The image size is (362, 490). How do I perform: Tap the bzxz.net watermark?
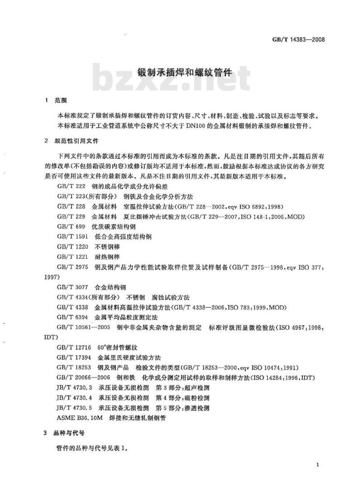pyautogui.click(x=171, y=80)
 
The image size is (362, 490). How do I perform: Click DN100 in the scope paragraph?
pyautogui.click(x=195, y=125)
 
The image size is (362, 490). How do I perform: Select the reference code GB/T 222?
pyautogui.click(x=71, y=186)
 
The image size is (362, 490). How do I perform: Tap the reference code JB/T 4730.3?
pyautogui.click(x=75, y=388)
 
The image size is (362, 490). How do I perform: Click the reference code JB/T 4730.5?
pyautogui.click(x=75, y=408)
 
